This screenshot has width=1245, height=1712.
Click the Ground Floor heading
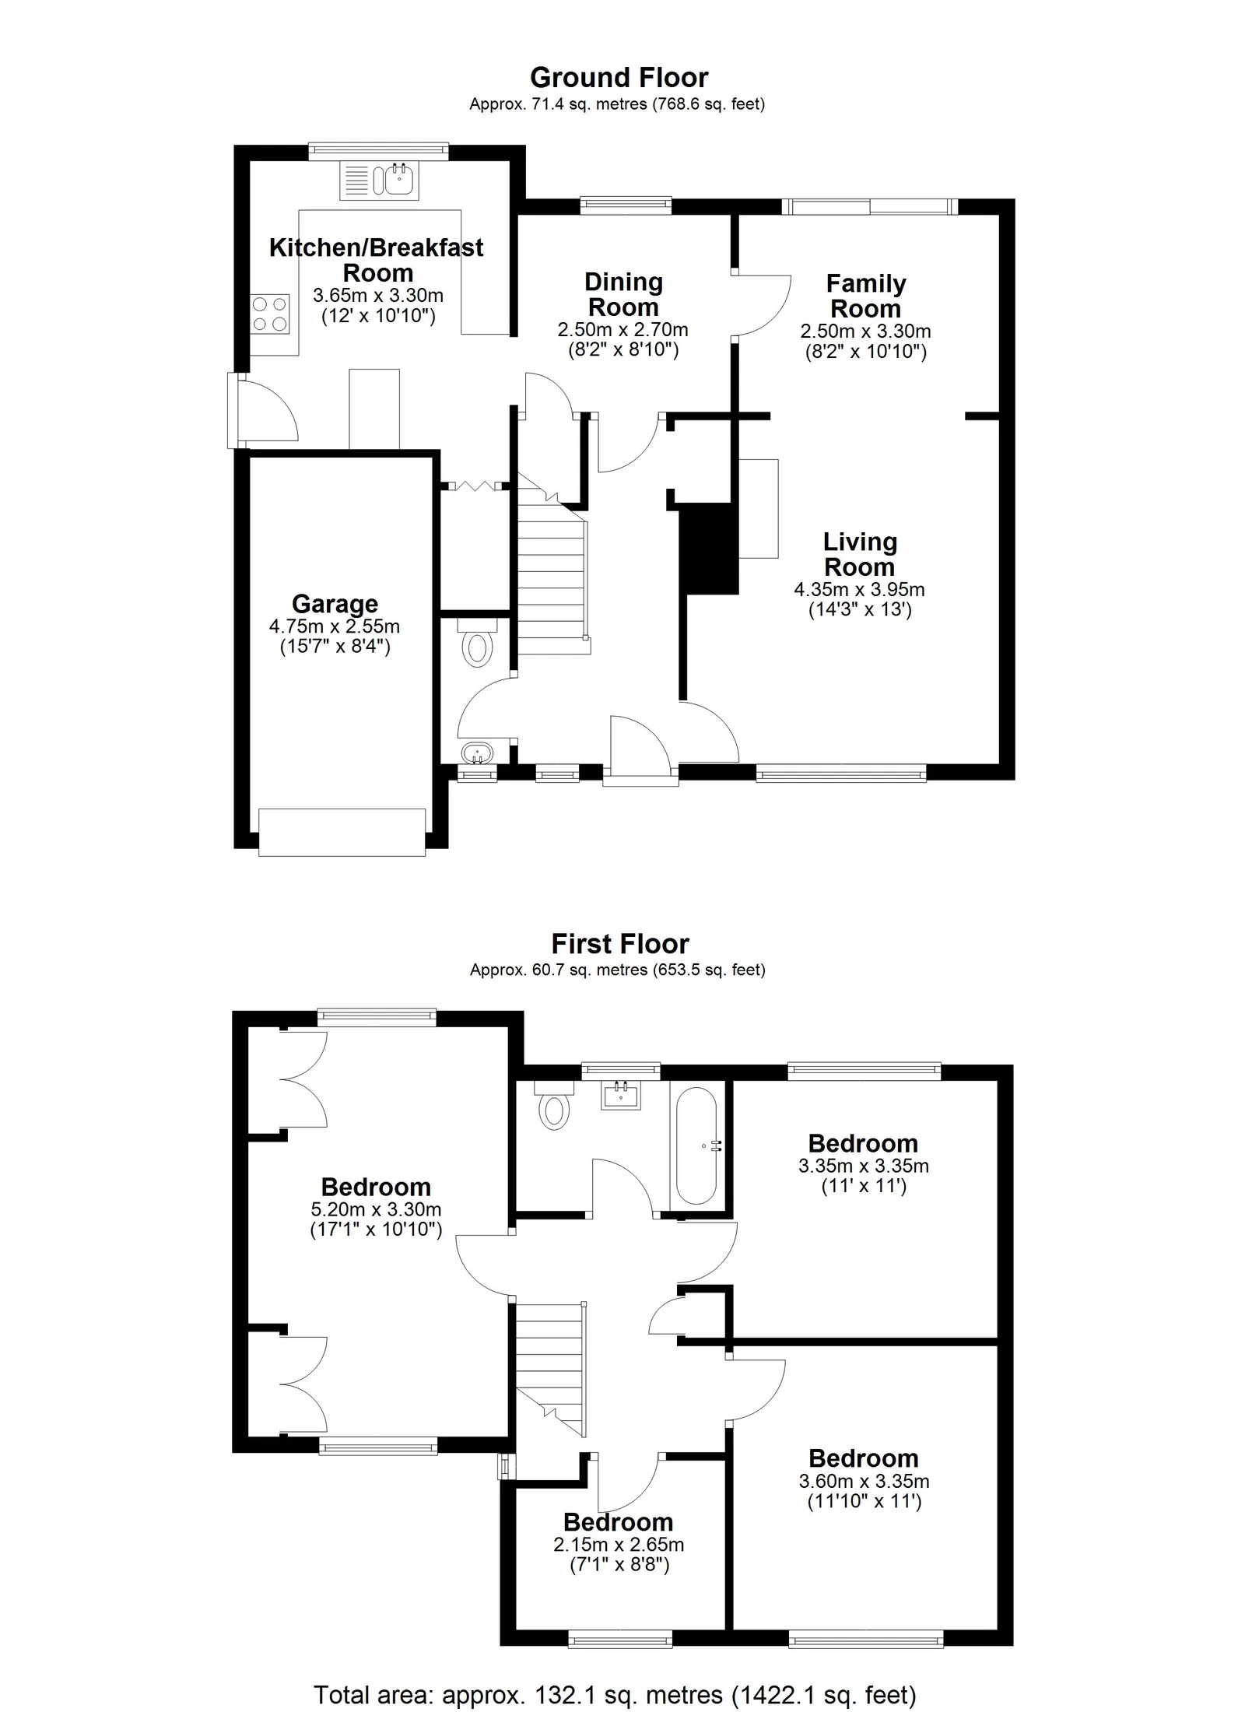coord(619,78)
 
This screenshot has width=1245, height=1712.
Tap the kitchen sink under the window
coord(380,180)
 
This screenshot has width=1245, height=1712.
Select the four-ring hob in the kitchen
coord(270,314)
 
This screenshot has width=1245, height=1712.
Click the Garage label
coord(335,604)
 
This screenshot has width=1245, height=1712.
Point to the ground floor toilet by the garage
coord(477,643)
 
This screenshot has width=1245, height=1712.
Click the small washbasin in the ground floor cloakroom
coord(476,753)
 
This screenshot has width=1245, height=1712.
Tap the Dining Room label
coord(623,294)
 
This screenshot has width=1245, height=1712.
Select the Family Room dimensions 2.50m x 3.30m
coord(865,331)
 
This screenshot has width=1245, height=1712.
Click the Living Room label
coord(860,554)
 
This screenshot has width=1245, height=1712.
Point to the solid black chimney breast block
coord(708,549)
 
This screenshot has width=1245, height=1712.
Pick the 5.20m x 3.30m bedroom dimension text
coord(376,1210)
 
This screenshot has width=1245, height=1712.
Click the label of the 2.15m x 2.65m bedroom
coord(618,1521)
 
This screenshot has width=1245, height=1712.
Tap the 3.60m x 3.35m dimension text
coord(864,1482)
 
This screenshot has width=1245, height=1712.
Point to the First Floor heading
coord(620,944)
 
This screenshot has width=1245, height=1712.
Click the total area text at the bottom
coord(615,1695)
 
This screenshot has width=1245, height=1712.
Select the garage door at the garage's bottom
coord(342,833)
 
